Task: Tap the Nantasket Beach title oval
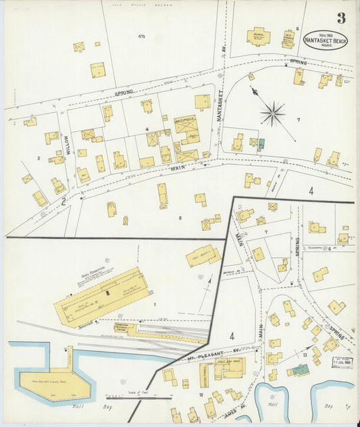tap(326, 40)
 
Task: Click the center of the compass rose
tap(272, 114)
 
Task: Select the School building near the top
tap(258, 36)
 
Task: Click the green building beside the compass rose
tap(261, 143)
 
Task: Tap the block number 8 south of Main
tap(180, 218)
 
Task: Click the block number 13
tap(305, 354)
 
